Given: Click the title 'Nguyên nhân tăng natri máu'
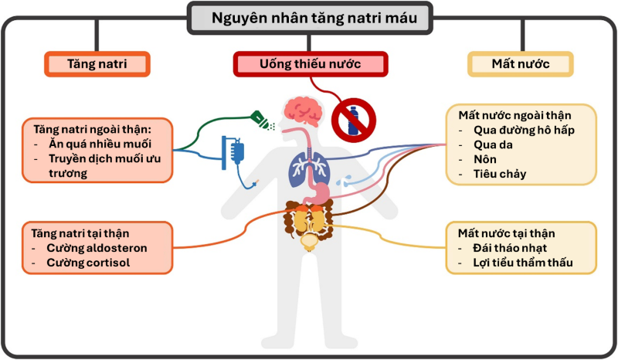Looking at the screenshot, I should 308,17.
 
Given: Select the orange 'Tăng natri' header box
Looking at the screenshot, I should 97,63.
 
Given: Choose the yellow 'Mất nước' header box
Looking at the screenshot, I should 520,63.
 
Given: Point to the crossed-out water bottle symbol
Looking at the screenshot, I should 353,120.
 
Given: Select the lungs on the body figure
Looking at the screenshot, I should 304,171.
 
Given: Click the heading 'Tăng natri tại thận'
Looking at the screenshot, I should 80,233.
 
